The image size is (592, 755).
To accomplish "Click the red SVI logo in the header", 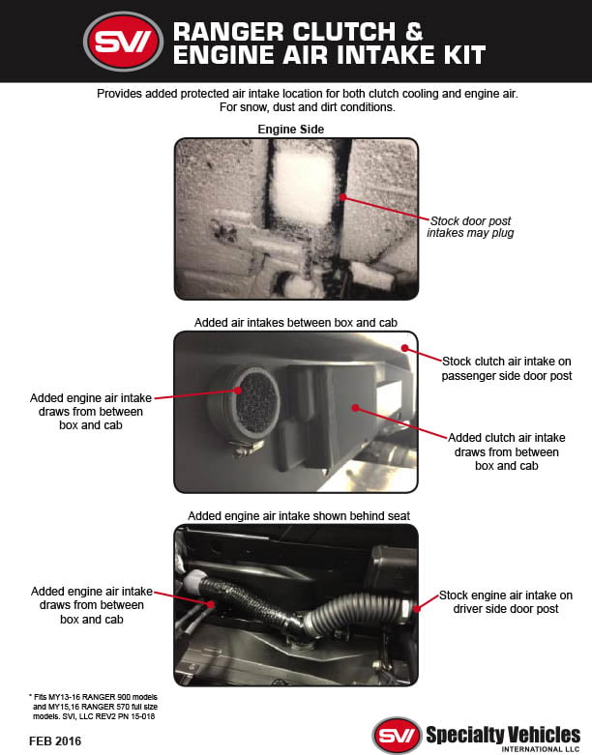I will (x=124, y=41).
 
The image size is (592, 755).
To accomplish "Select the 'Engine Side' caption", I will (x=290, y=129).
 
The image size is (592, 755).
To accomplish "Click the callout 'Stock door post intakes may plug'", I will (x=470, y=227).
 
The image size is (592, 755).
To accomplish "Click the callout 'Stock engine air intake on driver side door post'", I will (x=506, y=602).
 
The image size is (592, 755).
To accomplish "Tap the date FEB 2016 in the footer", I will (x=54, y=740).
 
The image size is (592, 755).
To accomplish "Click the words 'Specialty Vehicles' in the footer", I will (x=503, y=733).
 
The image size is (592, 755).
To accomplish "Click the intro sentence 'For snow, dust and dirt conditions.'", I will (x=295, y=106).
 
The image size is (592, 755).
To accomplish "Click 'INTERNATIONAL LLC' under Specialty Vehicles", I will (x=542, y=748).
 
